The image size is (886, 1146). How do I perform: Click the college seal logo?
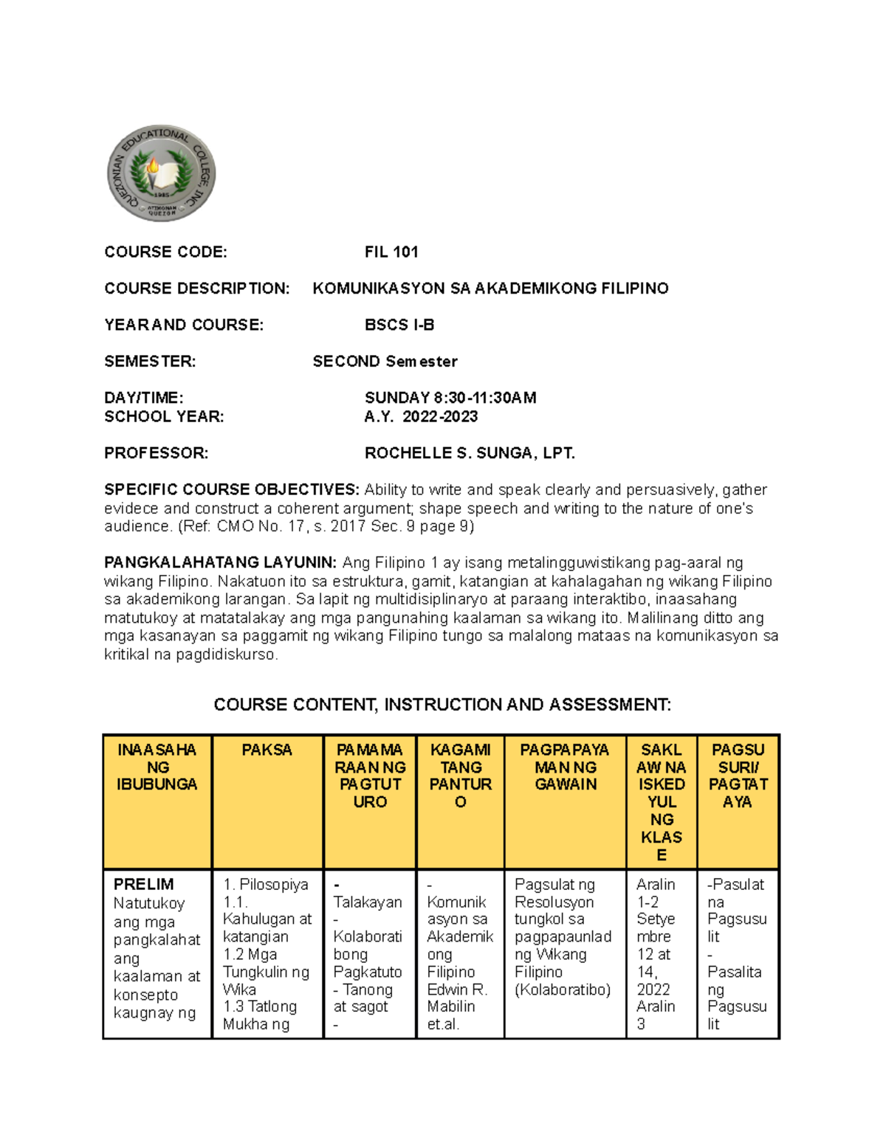tap(161, 173)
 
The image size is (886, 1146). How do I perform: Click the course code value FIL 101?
tap(391, 252)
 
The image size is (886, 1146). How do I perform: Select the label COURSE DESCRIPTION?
tap(197, 289)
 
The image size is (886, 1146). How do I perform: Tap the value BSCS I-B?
tap(399, 325)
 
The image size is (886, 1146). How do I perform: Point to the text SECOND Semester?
tap(385, 362)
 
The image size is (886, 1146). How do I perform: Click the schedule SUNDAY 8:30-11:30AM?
tap(450, 398)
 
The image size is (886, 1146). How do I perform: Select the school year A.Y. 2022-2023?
tap(421, 417)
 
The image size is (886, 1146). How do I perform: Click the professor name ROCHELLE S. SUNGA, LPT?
tap(470, 453)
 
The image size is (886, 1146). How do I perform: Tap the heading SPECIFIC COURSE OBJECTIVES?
tap(232, 490)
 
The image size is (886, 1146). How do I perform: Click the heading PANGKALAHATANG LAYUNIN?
tap(220, 563)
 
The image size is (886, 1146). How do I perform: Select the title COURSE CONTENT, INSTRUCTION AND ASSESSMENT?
tap(442, 705)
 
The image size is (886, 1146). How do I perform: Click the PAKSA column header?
tap(267, 750)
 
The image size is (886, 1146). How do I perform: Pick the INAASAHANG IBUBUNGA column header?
tap(157, 767)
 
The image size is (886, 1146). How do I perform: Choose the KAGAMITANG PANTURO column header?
tap(460, 776)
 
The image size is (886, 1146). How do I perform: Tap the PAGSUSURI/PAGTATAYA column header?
tap(738, 776)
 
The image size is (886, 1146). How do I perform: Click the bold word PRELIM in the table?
tap(144, 884)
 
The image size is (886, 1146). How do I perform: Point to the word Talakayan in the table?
tap(368, 902)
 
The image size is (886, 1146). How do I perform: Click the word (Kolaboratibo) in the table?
tap(563, 990)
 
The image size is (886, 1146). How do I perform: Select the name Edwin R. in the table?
tap(457, 990)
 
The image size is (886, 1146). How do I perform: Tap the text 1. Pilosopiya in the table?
tap(266, 884)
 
